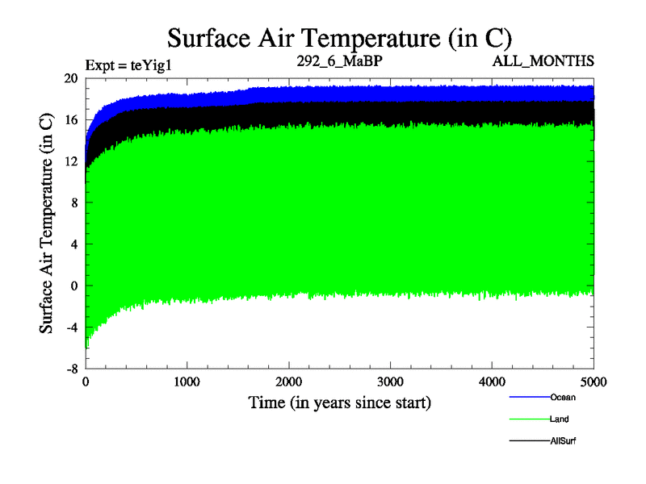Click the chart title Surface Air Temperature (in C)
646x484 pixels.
[x=339, y=38]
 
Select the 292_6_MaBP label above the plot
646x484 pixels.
[x=338, y=60]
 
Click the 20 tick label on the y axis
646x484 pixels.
[x=71, y=78]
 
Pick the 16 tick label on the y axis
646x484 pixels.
[x=71, y=120]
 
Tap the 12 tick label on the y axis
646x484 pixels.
[x=71, y=161]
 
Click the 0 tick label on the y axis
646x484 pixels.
[x=74, y=286]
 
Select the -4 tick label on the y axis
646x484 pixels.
[x=70, y=328]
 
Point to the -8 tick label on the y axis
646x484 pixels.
[x=70, y=369]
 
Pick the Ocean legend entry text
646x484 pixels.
[x=562, y=397]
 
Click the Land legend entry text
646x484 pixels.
[x=559, y=419]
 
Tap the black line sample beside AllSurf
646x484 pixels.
[x=529, y=441]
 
